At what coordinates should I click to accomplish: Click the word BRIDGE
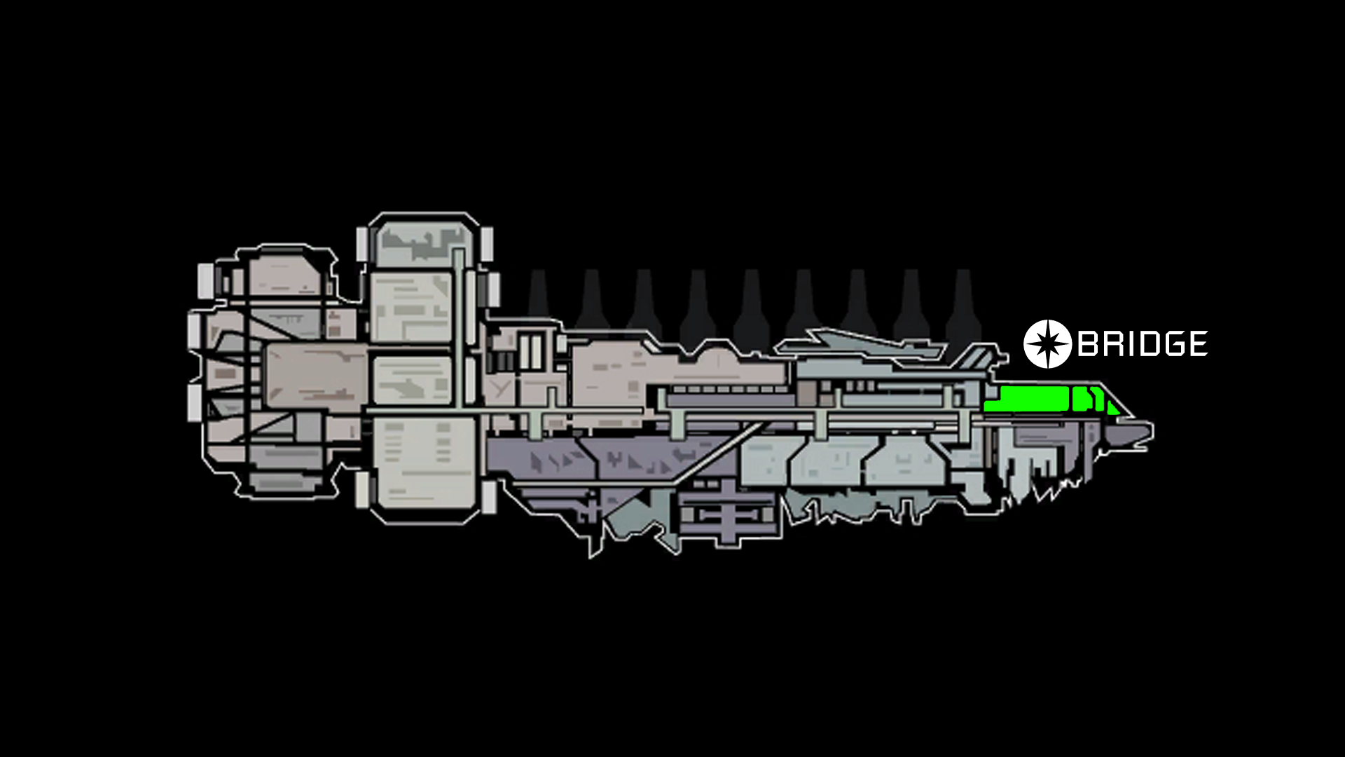click(x=1143, y=343)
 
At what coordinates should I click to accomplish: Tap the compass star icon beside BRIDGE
click(x=1047, y=344)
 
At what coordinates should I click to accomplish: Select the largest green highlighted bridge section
click(x=1027, y=399)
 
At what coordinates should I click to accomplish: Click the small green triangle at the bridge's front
click(x=1113, y=407)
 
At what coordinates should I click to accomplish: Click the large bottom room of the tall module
click(x=423, y=463)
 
